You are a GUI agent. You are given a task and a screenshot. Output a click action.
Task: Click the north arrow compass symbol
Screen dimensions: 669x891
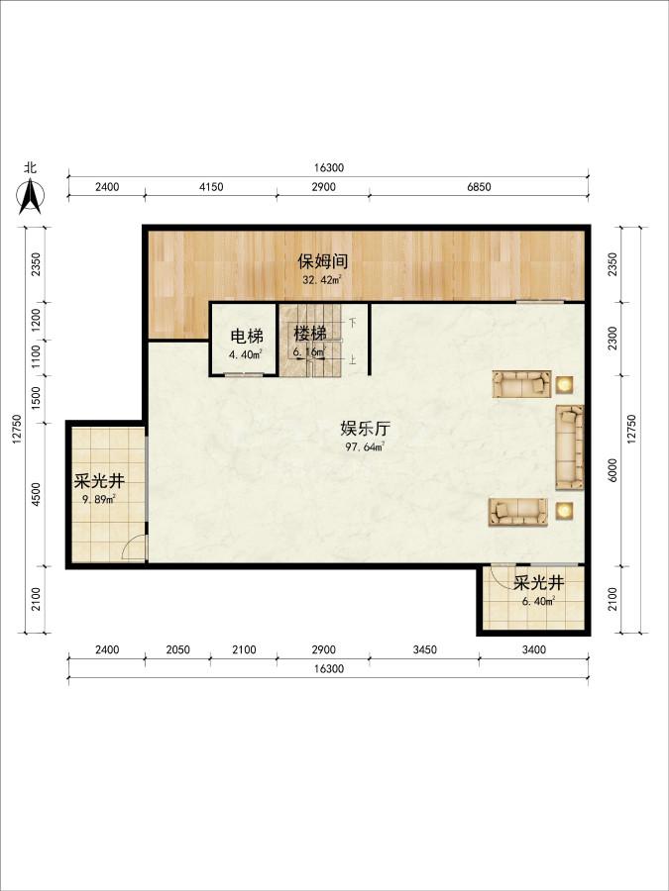point(30,197)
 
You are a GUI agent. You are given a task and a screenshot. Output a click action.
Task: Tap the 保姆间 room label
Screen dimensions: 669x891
point(322,261)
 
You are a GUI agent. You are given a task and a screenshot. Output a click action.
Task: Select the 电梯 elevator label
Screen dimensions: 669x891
point(247,337)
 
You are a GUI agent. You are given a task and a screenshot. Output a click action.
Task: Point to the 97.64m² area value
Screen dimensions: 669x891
point(365,446)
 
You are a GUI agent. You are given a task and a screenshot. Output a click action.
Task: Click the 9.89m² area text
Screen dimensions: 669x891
point(98,500)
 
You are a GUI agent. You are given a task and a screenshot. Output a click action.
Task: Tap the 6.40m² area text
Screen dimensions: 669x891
point(538,601)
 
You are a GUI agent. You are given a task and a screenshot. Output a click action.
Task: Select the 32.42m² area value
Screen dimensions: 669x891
point(322,279)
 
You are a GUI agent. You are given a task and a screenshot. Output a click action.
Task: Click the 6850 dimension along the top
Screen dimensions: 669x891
point(479,187)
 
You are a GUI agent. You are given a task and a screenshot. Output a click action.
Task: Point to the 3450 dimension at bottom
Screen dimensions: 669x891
point(424,649)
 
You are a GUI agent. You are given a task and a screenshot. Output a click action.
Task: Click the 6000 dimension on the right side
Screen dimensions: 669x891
point(613,470)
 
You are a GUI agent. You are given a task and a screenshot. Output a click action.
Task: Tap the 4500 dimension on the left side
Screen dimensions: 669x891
point(37,494)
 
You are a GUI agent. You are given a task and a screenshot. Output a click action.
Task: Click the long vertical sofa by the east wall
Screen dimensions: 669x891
point(570,446)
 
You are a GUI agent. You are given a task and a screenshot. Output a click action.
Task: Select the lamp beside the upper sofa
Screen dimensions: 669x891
point(564,385)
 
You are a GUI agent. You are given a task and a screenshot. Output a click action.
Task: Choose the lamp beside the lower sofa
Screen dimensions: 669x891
point(564,510)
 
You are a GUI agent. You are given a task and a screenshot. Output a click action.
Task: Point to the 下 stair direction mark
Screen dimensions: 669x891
point(353,323)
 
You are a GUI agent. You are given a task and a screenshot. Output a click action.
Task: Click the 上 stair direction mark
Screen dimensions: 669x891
point(353,359)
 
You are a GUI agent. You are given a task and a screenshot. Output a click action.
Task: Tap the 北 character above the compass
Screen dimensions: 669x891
point(30,167)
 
